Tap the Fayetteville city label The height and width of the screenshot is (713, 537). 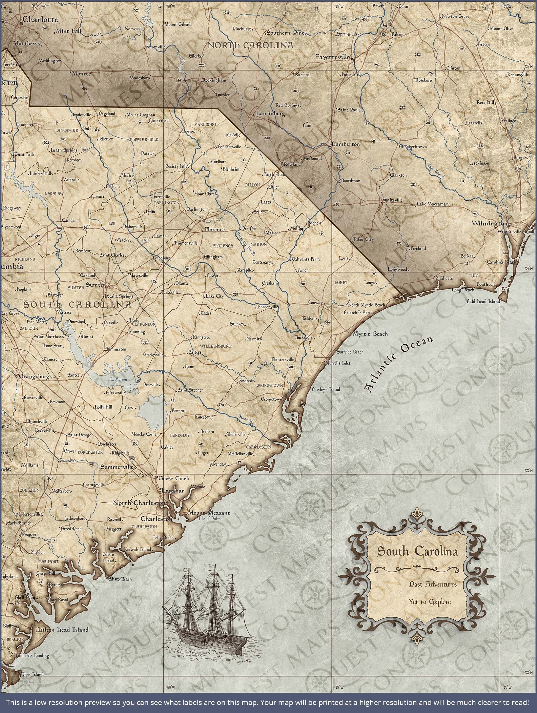[333, 57]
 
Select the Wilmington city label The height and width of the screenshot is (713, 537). [489, 223]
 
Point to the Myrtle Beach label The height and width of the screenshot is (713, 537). [370, 334]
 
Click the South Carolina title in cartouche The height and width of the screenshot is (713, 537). [417, 551]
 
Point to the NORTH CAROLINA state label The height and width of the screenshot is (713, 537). [250, 45]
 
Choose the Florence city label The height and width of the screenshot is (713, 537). [214, 230]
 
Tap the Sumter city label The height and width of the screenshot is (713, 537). [95, 285]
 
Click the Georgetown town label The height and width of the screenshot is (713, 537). [271, 399]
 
